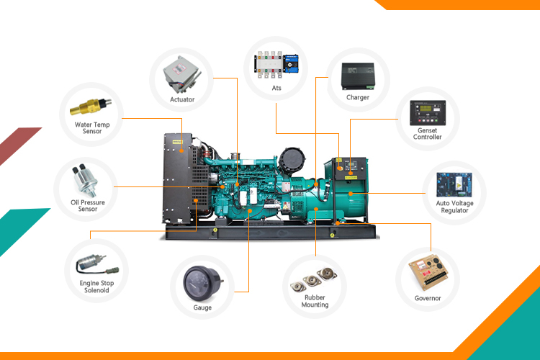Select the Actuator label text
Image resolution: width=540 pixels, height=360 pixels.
pos(182,99)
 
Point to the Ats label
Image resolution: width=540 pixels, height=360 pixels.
pos(276,88)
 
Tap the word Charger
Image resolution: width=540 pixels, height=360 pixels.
pos(358,97)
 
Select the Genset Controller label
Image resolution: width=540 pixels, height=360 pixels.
pos(428,132)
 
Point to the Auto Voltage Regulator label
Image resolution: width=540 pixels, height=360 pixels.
pos(454,207)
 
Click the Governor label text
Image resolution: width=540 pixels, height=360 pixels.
pos(428,297)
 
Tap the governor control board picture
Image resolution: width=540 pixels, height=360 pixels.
pos(427,274)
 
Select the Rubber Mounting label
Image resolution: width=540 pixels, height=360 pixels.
pos(315,301)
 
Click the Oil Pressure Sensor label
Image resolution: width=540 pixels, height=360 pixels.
pos(88,206)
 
